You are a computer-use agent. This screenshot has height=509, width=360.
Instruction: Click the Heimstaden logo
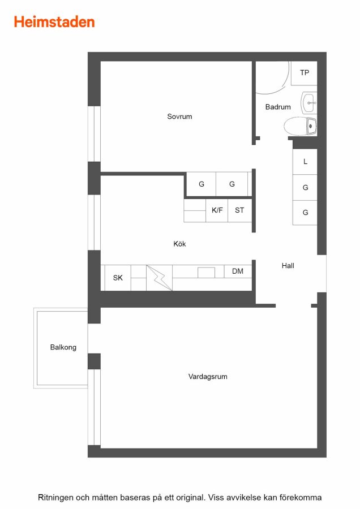point(54,22)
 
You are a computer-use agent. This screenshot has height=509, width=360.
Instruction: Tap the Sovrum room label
point(179,117)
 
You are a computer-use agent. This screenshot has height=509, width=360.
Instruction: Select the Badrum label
point(278,107)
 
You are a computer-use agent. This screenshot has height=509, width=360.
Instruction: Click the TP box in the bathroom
point(304,73)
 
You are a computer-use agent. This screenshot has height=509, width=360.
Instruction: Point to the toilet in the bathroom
point(300,126)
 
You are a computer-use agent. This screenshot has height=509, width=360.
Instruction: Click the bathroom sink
point(308,102)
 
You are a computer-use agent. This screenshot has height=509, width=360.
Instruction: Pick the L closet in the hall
point(305,162)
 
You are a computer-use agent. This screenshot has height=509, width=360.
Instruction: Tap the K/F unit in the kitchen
point(217,210)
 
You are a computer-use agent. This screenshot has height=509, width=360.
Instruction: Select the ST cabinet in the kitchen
point(240,210)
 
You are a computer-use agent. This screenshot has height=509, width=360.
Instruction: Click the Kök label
point(179,244)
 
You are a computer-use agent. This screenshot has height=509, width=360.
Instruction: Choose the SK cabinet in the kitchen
point(118,278)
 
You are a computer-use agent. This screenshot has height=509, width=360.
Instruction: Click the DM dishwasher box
point(238,271)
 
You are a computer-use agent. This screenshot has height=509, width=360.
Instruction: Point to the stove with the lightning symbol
point(159,278)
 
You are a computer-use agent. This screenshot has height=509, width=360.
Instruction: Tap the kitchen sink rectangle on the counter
point(206,273)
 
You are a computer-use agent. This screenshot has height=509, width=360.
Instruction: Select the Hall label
point(288,266)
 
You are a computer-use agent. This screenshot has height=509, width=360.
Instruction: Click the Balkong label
point(63,347)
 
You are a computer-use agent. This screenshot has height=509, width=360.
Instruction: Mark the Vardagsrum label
point(208,377)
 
